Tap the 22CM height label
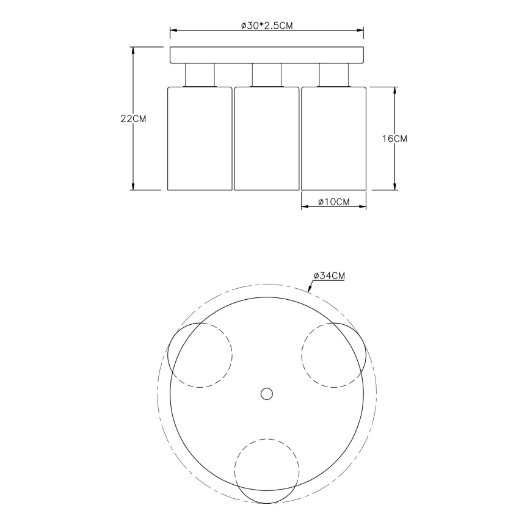point(133,119)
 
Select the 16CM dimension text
point(394,139)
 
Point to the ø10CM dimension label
point(333,202)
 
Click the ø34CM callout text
point(329,276)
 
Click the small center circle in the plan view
point(266,394)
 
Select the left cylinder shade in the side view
point(200,138)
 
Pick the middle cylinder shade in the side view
point(266,138)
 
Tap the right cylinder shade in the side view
point(333,138)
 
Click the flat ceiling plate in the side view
point(266,55)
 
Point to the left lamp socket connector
point(200,75)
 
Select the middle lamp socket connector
point(266,75)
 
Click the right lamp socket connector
point(333,75)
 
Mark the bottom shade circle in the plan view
point(267,471)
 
